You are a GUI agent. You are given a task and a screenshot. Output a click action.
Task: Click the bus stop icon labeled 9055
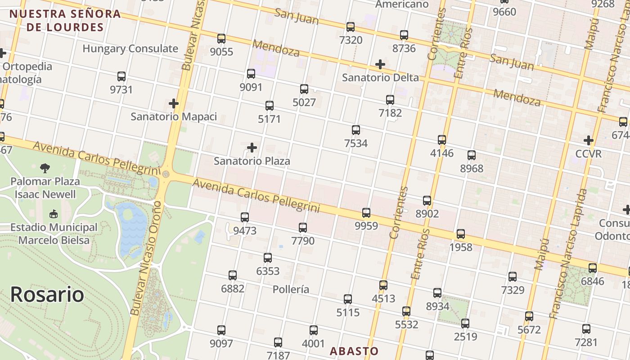click(x=221, y=39)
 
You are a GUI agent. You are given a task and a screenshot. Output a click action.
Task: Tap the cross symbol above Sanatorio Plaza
click(x=252, y=148)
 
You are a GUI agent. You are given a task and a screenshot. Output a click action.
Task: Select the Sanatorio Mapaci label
click(x=174, y=117)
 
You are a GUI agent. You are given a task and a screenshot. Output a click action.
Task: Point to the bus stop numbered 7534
click(x=356, y=130)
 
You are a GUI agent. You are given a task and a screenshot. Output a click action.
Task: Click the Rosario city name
click(x=47, y=294)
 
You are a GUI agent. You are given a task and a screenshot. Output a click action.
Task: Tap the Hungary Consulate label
click(x=130, y=49)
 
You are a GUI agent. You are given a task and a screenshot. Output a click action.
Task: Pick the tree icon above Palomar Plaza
click(x=45, y=168)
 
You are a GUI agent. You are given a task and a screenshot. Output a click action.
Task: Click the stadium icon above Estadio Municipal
click(x=54, y=214)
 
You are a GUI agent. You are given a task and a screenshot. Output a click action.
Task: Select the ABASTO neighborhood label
click(x=354, y=351)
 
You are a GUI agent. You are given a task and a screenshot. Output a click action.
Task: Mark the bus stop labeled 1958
click(x=461, y=234)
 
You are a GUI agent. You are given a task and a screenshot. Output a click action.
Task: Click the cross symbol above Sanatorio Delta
click(x=380, y=64)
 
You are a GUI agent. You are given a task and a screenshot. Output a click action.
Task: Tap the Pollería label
click(x=291, y=289)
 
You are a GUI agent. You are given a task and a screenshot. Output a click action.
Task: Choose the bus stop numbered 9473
click(x=245, y=217)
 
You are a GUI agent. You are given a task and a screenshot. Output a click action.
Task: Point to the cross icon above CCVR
click(x=588, y=140)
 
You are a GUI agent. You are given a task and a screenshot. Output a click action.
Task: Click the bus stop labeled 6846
click(x=593, y=268)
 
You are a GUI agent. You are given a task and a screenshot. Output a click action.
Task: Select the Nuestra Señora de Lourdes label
click(x=65, y=20)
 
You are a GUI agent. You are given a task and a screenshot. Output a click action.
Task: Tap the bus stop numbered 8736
click(x=404, y=35)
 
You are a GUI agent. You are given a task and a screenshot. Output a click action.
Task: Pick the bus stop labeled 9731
click(x=121, y=76)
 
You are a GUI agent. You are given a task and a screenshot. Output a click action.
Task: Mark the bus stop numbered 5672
click(x=529, y=316)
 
